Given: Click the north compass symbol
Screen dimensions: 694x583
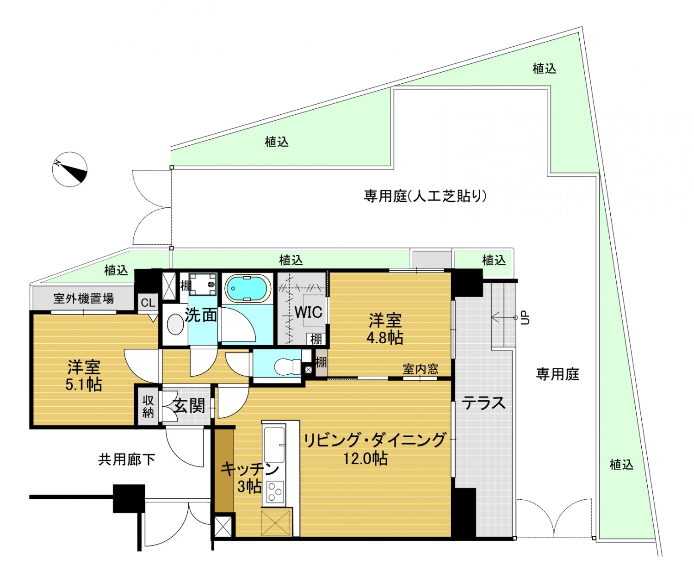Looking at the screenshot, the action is (x=70, y=169).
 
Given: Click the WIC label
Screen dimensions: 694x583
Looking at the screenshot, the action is (x=309, y=312).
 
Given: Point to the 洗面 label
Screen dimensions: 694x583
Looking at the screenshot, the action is (x=201, y=315).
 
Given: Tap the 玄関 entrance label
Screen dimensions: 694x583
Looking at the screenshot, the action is (x=189, y=406).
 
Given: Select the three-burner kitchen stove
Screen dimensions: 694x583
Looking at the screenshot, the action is (x=274, y=491).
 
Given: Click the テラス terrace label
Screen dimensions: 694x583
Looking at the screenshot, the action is (x=483, y=403).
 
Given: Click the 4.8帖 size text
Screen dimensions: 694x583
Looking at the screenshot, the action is (x=385, y=338).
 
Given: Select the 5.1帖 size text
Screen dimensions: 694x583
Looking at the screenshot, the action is (x=83, y=385).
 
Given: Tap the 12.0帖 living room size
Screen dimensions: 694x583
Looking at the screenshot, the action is (x=366, y=459).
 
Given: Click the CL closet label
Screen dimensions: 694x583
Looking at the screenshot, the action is (x=148, y=303).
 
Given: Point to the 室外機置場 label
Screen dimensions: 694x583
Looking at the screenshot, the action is (x=83, y=298).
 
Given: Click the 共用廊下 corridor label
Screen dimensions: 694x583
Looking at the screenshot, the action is (x=127, y=459).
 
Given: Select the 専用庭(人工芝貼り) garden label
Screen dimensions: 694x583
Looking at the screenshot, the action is (x=425, y=196).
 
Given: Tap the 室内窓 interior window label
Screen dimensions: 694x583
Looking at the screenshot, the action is (x=421, y=369).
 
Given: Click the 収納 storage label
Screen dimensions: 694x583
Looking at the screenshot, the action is (x=148, y=407).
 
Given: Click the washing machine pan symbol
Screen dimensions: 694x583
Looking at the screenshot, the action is (x=203, y=284).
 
